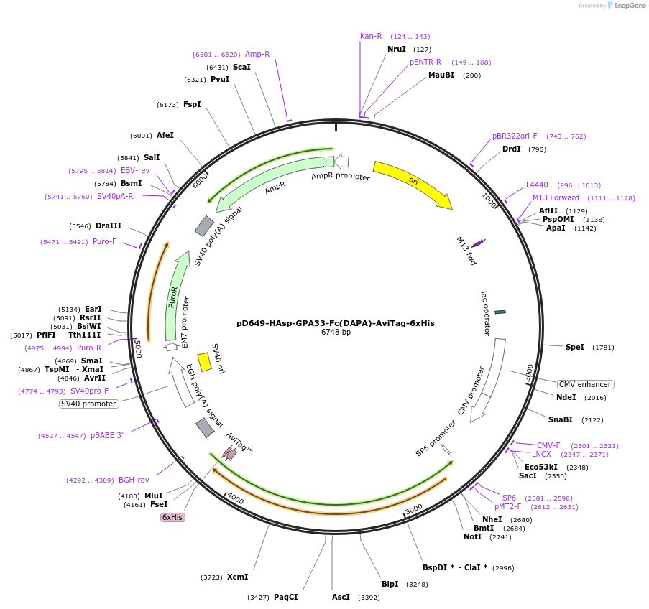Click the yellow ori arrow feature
coord(413,182)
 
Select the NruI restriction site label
coord(397,49)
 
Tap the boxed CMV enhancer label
coord(585,384)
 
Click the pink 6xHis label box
coord(172,517)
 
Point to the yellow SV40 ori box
coord(204,361)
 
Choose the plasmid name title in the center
coord(336,323)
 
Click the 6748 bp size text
coord(336,333)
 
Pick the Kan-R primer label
coord(371,36)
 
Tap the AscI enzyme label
coord(341,597)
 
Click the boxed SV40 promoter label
coord(89,404)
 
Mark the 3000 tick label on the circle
coord(414,508)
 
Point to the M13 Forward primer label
coord(556,197)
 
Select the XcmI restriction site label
coord(237,577)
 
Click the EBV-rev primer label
coord(135,170)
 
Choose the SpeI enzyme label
coord(575,347)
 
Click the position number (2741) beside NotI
coord(500,537)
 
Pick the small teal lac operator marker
coord(500,311)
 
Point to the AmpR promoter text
coord(341,176)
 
